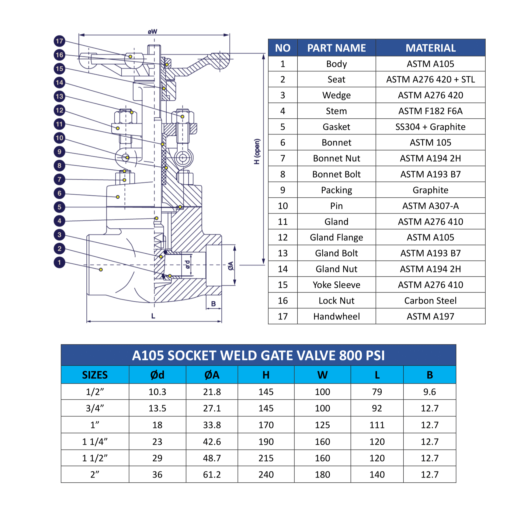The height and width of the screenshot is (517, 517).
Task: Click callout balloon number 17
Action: [x=60, y=41]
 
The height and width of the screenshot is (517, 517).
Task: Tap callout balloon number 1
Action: [x=60, y=262]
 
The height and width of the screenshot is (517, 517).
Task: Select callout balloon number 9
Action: [x=60, y=151]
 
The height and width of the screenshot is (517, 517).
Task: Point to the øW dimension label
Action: [x=153, y=32]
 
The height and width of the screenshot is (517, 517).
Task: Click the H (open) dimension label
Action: [x=257, y=151]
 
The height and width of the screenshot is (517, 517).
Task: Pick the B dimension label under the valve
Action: [x=213, y=304]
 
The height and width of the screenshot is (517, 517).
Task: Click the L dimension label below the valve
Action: [x=153, y=316]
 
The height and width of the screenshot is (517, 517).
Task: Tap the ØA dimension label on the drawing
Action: [x=231, y=266]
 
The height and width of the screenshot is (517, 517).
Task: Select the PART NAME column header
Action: [x=336, y=48]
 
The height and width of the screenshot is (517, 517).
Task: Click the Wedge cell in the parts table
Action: [x=336, y=95]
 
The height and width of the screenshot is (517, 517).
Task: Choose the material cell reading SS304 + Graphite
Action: [x=430, y=127]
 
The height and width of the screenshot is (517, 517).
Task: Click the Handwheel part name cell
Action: [x=336, y=317]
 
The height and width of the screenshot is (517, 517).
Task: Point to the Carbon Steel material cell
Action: [x=430, y=301]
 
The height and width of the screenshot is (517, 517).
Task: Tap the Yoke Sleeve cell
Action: [x=336, y=285]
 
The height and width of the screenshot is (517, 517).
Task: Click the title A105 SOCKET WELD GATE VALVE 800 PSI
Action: [x=258, y=355]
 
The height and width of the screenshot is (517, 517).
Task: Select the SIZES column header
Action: [x=95, y=375]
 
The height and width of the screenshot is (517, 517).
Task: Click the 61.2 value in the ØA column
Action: [x=212, y=474]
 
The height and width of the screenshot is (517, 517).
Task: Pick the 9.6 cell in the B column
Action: [x=429, y=392]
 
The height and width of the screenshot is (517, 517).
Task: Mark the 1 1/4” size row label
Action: [x=95, y=442]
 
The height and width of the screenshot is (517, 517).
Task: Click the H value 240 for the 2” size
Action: [x=266, y=474]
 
